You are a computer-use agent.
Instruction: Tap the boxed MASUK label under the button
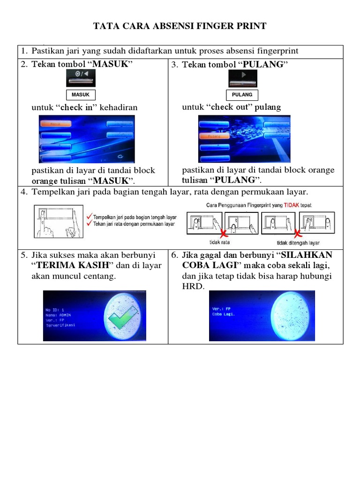click(81, 95)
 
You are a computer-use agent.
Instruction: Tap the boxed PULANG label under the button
click(242, 95)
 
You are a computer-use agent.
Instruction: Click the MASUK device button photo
click(81, 77)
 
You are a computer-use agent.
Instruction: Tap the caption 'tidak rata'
click(219, 242)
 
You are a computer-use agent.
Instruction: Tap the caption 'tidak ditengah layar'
click(298, 243)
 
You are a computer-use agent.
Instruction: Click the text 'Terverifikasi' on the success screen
click(60, 325)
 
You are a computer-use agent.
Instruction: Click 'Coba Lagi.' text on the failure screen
click(224, 314)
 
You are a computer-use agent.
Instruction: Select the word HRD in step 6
click(193, 286)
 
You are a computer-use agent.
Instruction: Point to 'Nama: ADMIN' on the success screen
click(58, 315)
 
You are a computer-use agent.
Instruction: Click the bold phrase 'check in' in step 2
click(78, 107)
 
